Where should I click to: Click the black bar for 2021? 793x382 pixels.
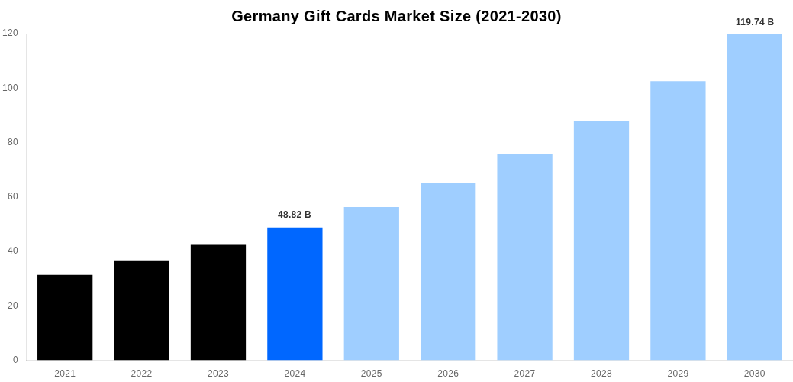click(65, 317)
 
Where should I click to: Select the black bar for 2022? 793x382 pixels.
click(141, 310)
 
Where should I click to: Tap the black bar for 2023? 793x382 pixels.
click(218, 303)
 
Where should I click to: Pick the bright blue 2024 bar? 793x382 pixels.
click(295, 293)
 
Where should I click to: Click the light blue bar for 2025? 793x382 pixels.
click(371, 283)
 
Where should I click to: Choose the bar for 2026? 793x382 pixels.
click(448, 271)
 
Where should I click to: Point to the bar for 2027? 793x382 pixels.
click(524, 257)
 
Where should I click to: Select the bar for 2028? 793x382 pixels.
click(601, 240)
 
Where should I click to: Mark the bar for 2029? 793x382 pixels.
click(678, 220)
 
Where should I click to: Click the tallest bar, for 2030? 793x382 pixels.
click(754, 197)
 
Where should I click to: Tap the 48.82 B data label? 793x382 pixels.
click(295, 215)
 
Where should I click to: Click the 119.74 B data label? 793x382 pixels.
click(754, 22)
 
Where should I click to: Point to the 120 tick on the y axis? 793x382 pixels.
click(10, 33)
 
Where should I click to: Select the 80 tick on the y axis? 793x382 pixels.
click(13, 142)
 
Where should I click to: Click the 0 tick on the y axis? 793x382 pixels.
click(15, 360)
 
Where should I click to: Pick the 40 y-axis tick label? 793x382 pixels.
click(13, 251)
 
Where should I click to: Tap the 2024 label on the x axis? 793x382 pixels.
click(295, 374)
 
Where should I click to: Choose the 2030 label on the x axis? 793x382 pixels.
click(754, 374)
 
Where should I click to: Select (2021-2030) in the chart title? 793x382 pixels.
click(518, 16)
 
